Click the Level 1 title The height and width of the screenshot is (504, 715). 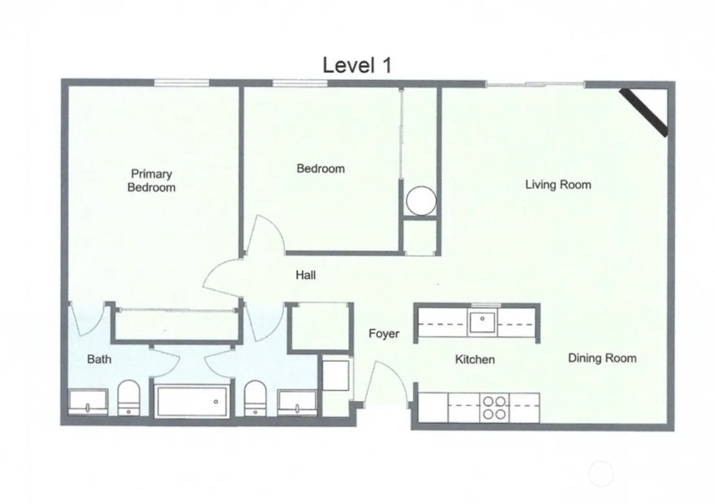click(357, 65)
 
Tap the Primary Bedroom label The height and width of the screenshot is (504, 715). click(151, 181)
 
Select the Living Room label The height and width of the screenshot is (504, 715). click(558, 185)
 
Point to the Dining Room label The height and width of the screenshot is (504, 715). click(602, 358)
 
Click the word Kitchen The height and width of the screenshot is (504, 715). click(475, 359)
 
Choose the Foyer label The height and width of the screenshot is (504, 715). click(384, 334)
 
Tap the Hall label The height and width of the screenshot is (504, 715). click(306, 275)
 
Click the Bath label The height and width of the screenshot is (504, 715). click(99, 359)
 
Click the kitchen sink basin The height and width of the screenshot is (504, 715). click(483, 322)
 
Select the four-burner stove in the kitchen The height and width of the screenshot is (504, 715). click(494, 407)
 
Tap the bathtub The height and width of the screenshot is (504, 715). click(192, 402)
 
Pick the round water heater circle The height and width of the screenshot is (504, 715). click(421, 201)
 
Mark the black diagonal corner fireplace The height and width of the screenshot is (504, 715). click(644, 112)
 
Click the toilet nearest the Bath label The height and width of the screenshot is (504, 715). click(129, 397)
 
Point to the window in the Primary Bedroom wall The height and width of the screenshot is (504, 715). click(181, 82)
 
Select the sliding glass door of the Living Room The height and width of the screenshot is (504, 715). click(535, 84)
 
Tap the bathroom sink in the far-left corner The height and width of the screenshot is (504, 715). click(88, 402)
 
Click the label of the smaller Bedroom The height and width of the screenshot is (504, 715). click(320, 169)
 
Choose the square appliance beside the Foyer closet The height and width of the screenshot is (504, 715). click(335, 375)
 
